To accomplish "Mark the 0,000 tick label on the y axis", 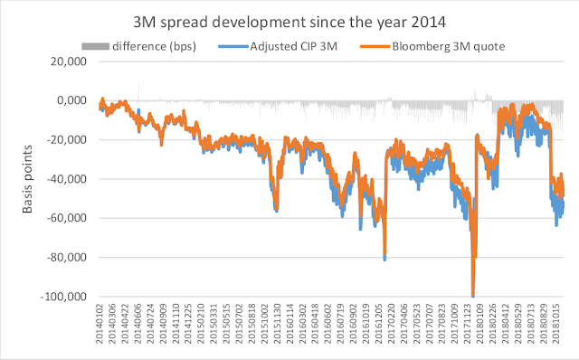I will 69,100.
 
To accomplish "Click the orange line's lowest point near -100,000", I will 473,294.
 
